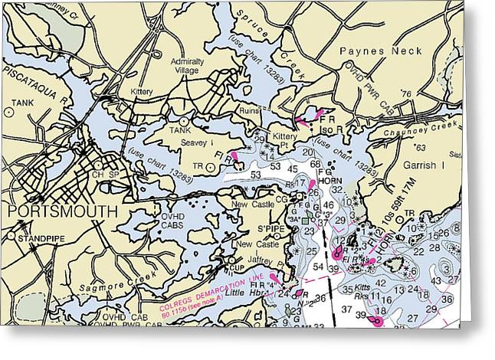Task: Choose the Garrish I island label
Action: pos(422,165)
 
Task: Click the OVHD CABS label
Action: pos(177,221)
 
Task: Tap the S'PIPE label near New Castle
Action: pos(268,228)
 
